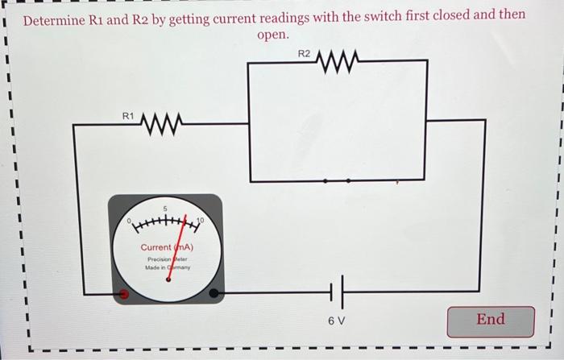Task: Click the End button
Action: point(491,321)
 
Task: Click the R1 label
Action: point(128,117)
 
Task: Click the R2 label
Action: point(304,54)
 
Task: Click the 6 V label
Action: point(336,321)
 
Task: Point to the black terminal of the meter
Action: point(214,294)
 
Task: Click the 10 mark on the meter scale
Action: point(201,220)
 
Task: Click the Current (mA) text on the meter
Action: point(167,247)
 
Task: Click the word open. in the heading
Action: point(273,36)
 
